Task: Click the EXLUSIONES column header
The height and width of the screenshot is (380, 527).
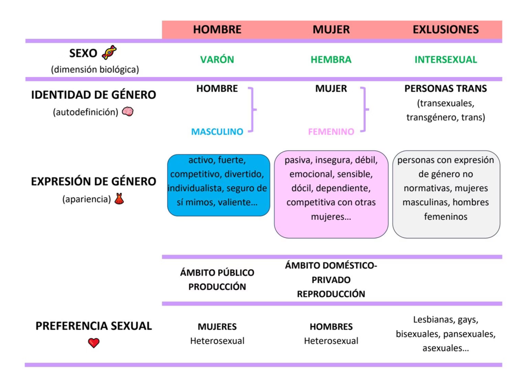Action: pos(446,29)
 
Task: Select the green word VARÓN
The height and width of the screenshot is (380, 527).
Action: pos(217,59)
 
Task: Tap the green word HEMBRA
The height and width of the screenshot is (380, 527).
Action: pos(331,59)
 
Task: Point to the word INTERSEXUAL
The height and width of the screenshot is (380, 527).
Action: pos(446,59)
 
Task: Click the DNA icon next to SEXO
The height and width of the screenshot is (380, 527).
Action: pos(109,53)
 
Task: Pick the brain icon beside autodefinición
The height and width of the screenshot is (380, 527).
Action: pos(128,112)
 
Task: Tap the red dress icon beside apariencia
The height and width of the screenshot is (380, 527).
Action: pos(119,199)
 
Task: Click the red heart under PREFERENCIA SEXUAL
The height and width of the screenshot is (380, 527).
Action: pos(94,343)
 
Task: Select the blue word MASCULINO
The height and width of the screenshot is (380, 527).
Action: pos(217,131)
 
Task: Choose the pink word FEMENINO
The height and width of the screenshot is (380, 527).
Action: pos(331,131)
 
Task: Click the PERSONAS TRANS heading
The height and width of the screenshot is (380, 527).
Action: pos(446,89)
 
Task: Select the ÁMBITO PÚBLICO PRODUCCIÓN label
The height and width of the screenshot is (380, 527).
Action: pos(217,279)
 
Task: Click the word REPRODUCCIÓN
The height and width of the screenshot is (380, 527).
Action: pos(331,294)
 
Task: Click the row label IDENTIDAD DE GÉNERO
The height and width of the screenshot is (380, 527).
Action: pos(94,95)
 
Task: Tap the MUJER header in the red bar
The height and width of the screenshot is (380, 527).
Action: pos(331,29)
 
